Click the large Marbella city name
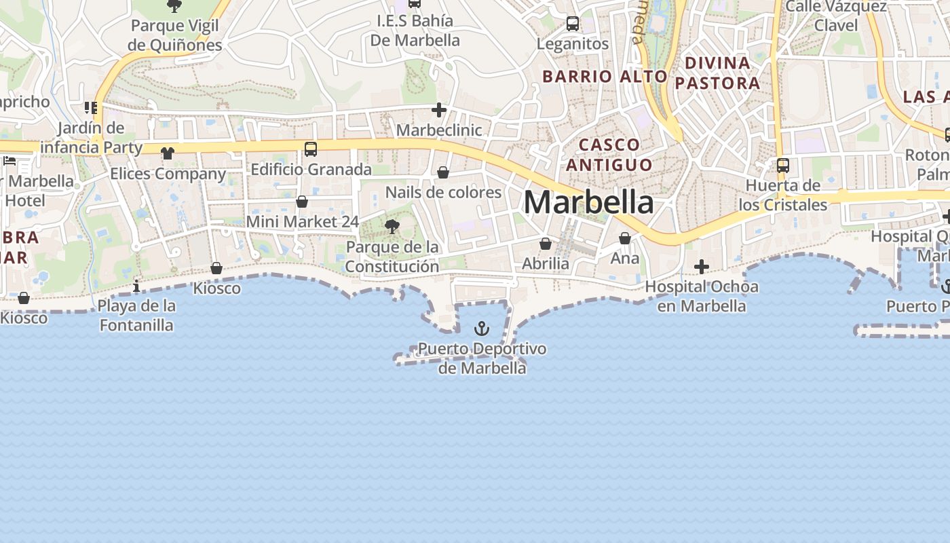[x=588, y=202]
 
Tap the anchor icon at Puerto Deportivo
[x=481, y=329]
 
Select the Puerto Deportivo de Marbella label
[x=482, y=358]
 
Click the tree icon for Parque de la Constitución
[x=392, y=227]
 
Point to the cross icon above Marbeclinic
[x=439, y=109]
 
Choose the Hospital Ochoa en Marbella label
[x=702, y=296]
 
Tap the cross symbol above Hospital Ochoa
[x=702, y=266]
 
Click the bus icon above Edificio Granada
[x=311, y=149]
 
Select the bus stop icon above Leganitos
[x=573, y=24]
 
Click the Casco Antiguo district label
[x=609, y=155]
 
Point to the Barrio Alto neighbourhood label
[x=605, y=77]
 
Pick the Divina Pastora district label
[x=717, y=73]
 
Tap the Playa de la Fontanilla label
[x=136, y=316]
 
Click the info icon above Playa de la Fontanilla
[x=136, y=286]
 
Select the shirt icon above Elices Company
[x=168, y=153]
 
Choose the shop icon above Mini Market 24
[x=302, y=202]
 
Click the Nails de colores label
[x=443, y=192]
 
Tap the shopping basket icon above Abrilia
[x=546, y=243]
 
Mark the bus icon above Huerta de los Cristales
[x=783, y=165]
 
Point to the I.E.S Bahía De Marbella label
[x=415, y=31]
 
